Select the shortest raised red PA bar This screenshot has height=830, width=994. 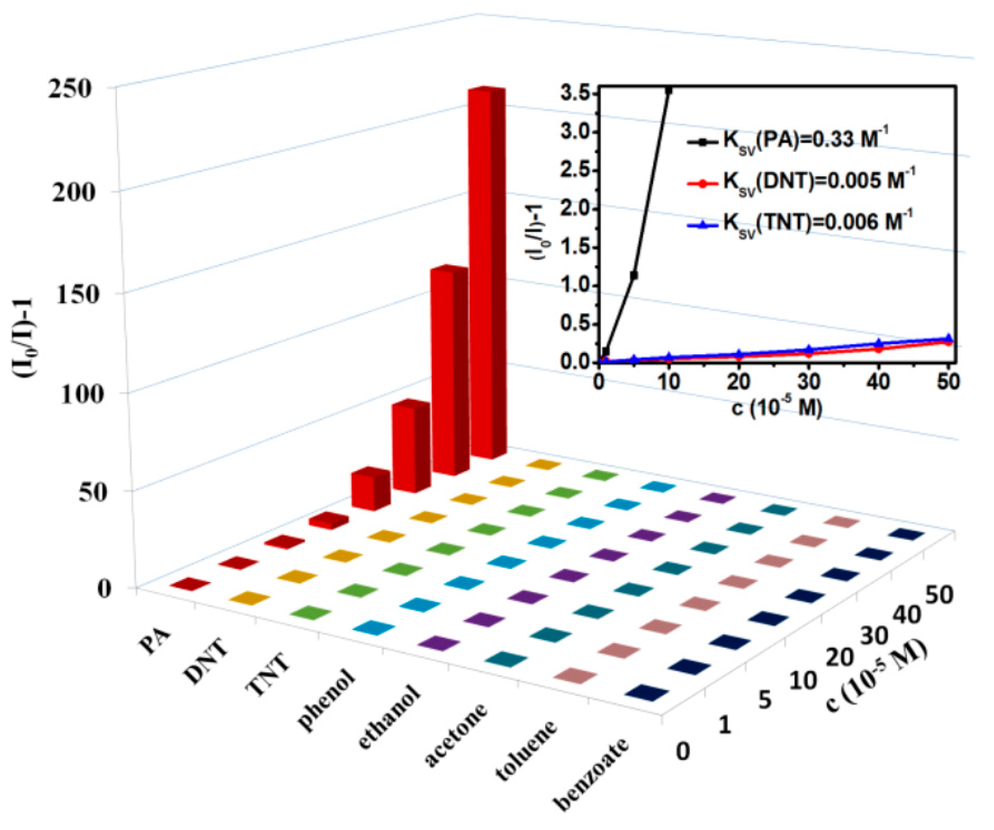point(328,521)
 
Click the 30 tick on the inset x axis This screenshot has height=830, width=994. point(808,382)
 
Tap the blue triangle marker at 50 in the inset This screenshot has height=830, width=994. point(948,337)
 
